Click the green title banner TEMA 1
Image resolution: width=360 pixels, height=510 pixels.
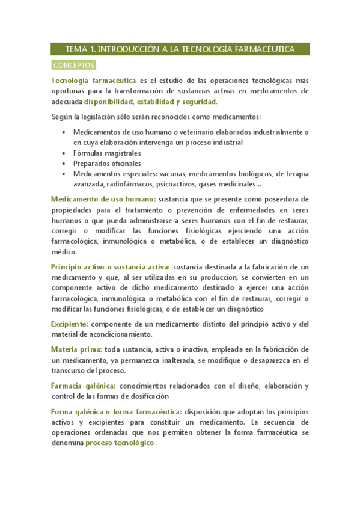tap(180, 49)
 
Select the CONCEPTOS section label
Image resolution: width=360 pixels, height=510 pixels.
tap(73, 64)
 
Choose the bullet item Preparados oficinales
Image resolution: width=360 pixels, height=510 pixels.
tap(98, 163)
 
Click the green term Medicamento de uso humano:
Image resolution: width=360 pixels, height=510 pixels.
tap(103, 199)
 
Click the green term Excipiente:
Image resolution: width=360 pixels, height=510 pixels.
tap(70, 324)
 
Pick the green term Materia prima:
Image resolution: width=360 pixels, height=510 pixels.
tap(76, 349)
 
